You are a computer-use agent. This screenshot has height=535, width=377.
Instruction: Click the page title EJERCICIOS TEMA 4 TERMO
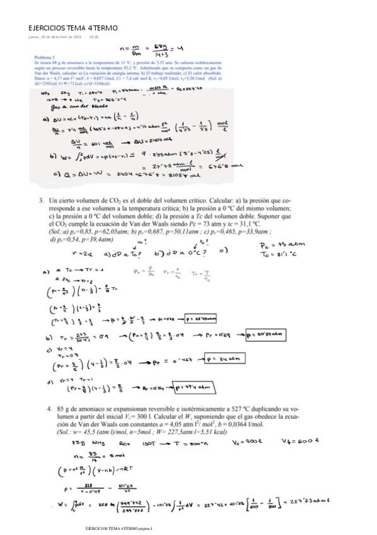[x=73, y=28]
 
